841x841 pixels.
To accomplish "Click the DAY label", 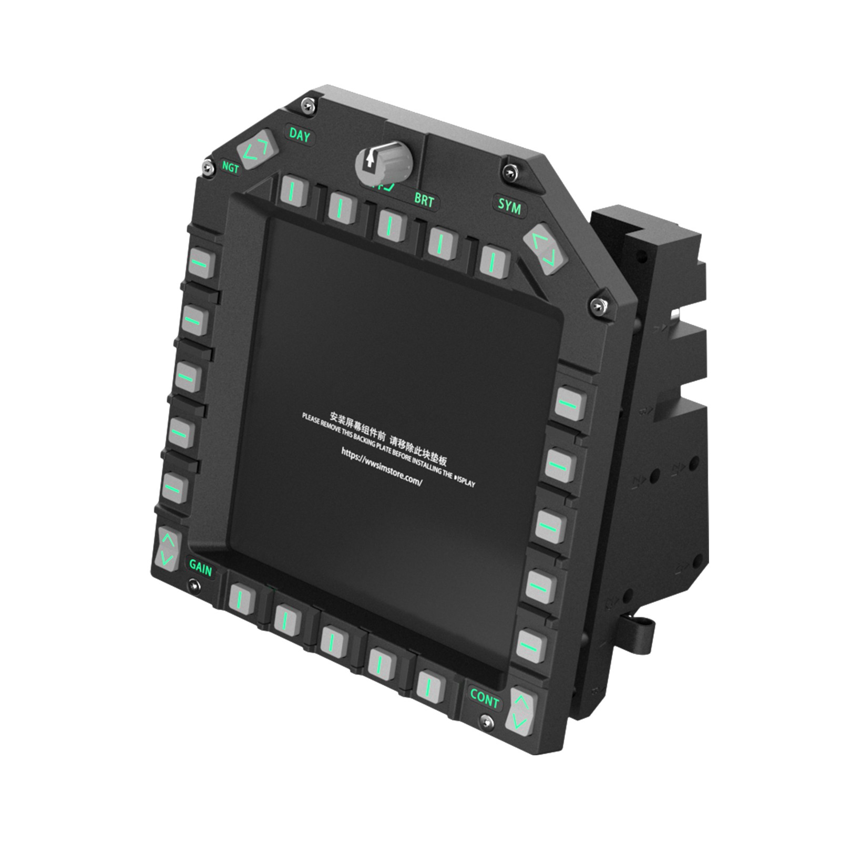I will tap(300, 135).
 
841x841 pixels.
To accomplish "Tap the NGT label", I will tap(230, 167).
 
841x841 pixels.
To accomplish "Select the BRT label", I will tap(424, 200).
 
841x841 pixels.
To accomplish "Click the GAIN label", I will tap(200, 568).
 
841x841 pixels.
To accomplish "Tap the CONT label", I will tap(484, 699).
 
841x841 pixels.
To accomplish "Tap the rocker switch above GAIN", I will tap(168, 549).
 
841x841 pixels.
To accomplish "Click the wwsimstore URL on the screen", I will tap(382, 467).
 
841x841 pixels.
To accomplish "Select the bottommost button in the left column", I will tap(175, 488).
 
